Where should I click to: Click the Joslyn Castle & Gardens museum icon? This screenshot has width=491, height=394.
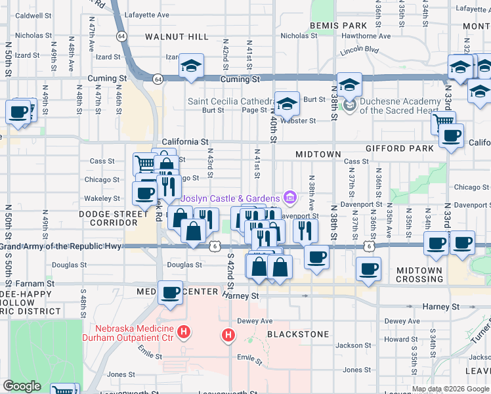[x=289, y=198]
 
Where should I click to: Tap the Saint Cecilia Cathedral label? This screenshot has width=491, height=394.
[x=230, y=102]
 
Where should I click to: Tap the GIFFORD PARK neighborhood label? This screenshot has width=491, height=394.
[x=400, y=148]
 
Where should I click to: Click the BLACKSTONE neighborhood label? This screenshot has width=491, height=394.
[x=298, y=334]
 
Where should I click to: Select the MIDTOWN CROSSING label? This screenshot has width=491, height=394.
[x=419, y=274]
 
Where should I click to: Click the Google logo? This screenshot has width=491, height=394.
[x=22, y=386]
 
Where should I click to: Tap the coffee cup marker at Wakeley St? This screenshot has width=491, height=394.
[x=145, y=193]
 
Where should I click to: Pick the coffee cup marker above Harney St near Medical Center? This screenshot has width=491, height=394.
[x=170, y=292]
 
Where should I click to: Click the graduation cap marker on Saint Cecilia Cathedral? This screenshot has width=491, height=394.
[x=287, y=104]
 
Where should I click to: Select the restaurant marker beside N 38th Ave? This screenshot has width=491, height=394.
[x=305, y=230]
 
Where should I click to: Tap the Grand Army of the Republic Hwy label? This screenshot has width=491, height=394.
[x=60, y=246]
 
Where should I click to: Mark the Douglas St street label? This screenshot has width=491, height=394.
[x=184, y=265]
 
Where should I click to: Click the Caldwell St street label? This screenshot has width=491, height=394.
[x=33, y=14]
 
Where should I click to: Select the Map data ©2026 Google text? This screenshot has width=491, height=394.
[x=451, y=389]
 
